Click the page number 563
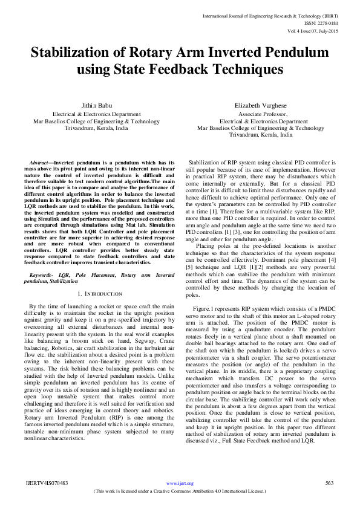(x=330, y=483)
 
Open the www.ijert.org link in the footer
(x=180, y=484)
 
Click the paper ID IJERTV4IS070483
(x=47, y=483)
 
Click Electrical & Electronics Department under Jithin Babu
(x=97, y=114)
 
